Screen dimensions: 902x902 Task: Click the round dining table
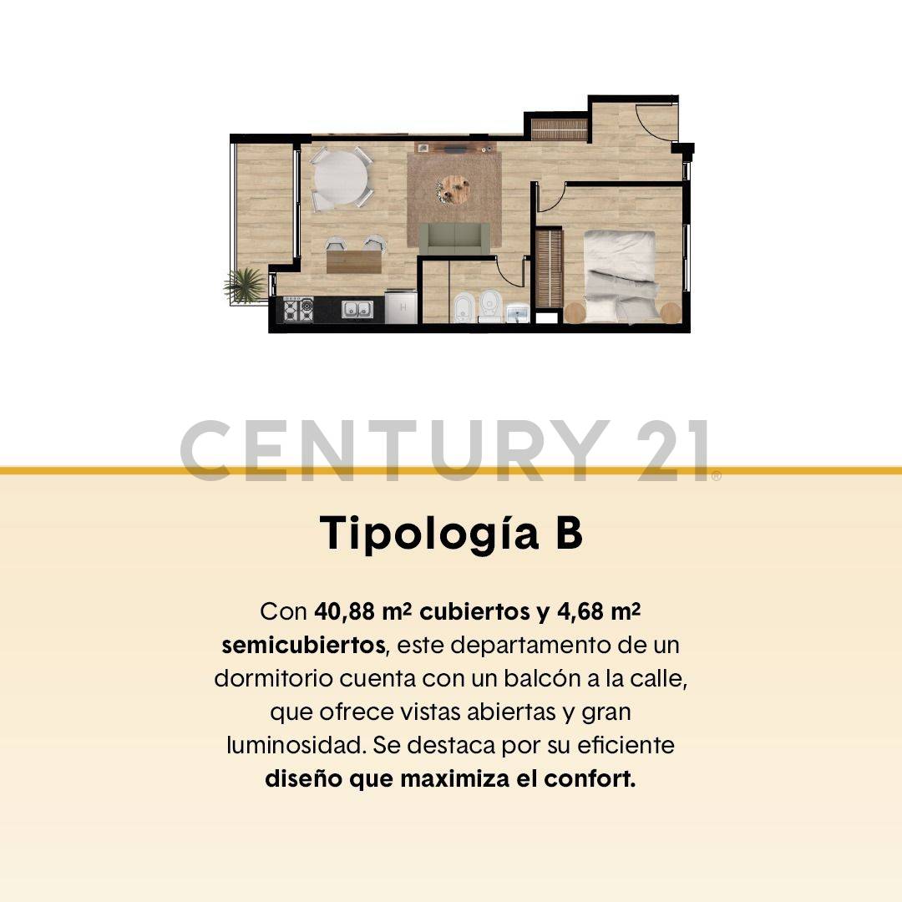tap(339, 177)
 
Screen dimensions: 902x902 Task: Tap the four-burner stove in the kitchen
tap(297, 310)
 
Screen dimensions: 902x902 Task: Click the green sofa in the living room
tap(454, 238)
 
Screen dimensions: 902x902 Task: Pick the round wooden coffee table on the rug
tap(454, 189)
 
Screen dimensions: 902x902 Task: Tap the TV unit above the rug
tap(453, 149)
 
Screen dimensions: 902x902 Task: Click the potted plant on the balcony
tap(245, 285)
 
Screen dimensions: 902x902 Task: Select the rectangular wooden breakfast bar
tap(354, 261)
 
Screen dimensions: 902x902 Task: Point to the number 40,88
tap(345, 611)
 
